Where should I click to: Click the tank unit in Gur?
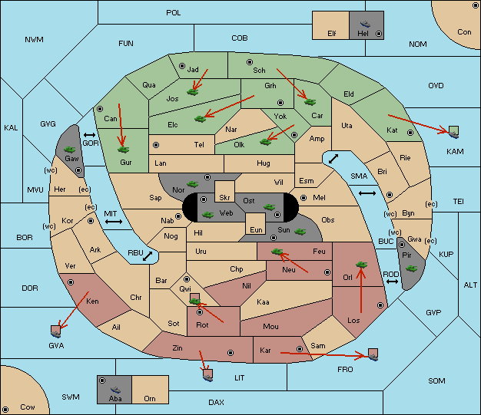[123, 150]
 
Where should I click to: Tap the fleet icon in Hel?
[365, 24]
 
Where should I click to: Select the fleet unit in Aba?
[115, 389]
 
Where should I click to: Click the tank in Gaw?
[70, 149]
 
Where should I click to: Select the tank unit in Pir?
[411, 268]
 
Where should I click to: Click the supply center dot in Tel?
[156, 144]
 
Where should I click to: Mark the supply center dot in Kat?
[410, 133]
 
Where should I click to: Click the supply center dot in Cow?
[5, 410]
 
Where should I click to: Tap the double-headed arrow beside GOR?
[90, 135]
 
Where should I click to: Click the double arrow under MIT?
[114, 222]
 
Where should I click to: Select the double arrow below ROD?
[392, 282]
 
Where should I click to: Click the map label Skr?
[224, 198]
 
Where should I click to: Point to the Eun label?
[256, 229]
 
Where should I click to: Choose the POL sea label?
[174, 13]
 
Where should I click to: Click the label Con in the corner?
[464, 32]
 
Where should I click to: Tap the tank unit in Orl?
[361, 265]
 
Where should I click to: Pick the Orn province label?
[150, 398]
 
